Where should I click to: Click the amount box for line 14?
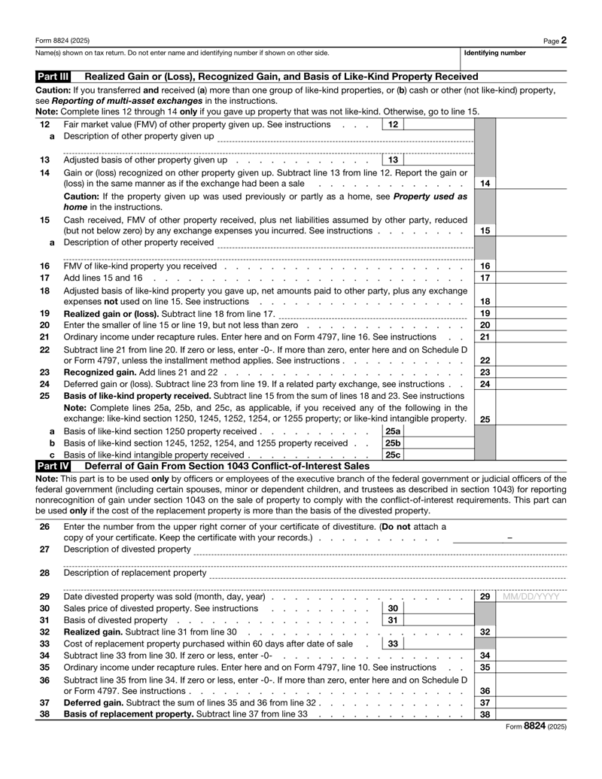[x=531, y=183]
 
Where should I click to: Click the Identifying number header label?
[x=494, y=53]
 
